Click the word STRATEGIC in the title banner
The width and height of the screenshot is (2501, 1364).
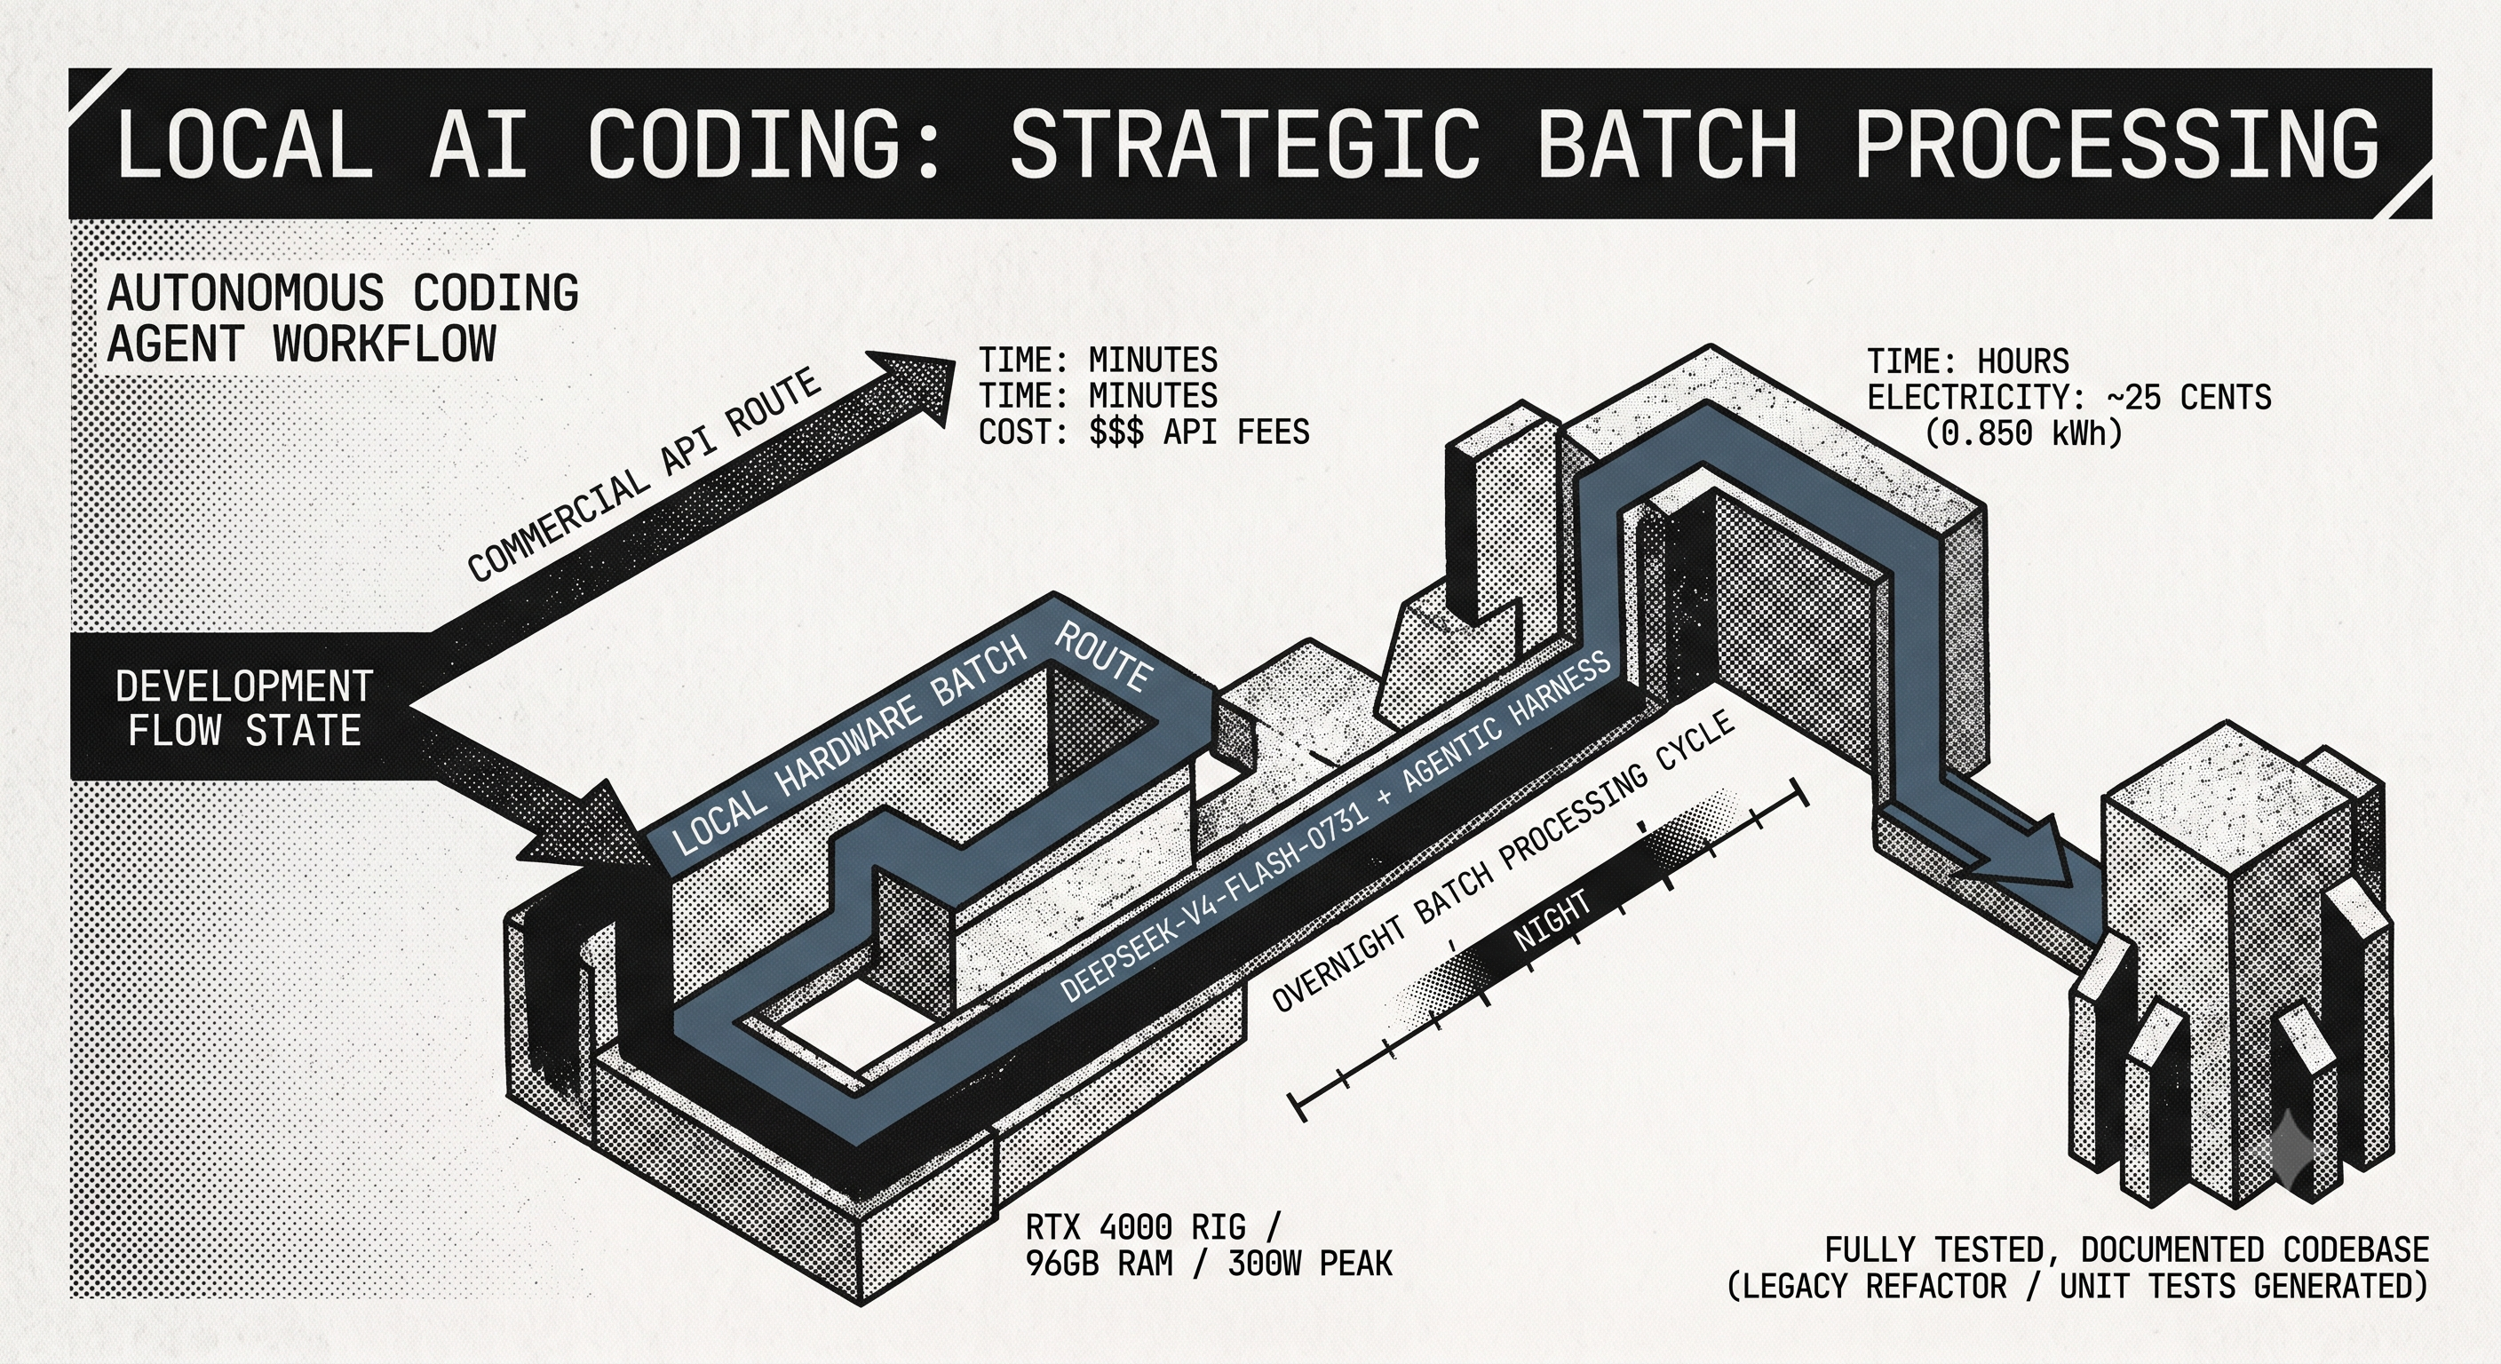point(1244,144)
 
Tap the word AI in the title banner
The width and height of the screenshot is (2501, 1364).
point(478,144)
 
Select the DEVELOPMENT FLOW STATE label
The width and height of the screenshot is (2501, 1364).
point(243,708)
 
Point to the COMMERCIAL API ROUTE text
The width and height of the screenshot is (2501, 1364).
point(645,475)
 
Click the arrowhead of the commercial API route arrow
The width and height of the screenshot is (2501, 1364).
point(917,384)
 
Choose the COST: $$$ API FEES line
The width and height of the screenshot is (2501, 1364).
point(1144,431)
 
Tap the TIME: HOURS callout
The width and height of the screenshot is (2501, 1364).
point(1968,362)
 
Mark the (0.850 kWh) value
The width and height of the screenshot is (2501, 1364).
point(2024,433)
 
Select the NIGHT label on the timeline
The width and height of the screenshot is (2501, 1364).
point(1552,918)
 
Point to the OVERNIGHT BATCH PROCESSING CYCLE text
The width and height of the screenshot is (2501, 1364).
point(1503,860)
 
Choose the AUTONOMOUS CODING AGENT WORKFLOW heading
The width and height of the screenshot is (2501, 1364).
point(343,319)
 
